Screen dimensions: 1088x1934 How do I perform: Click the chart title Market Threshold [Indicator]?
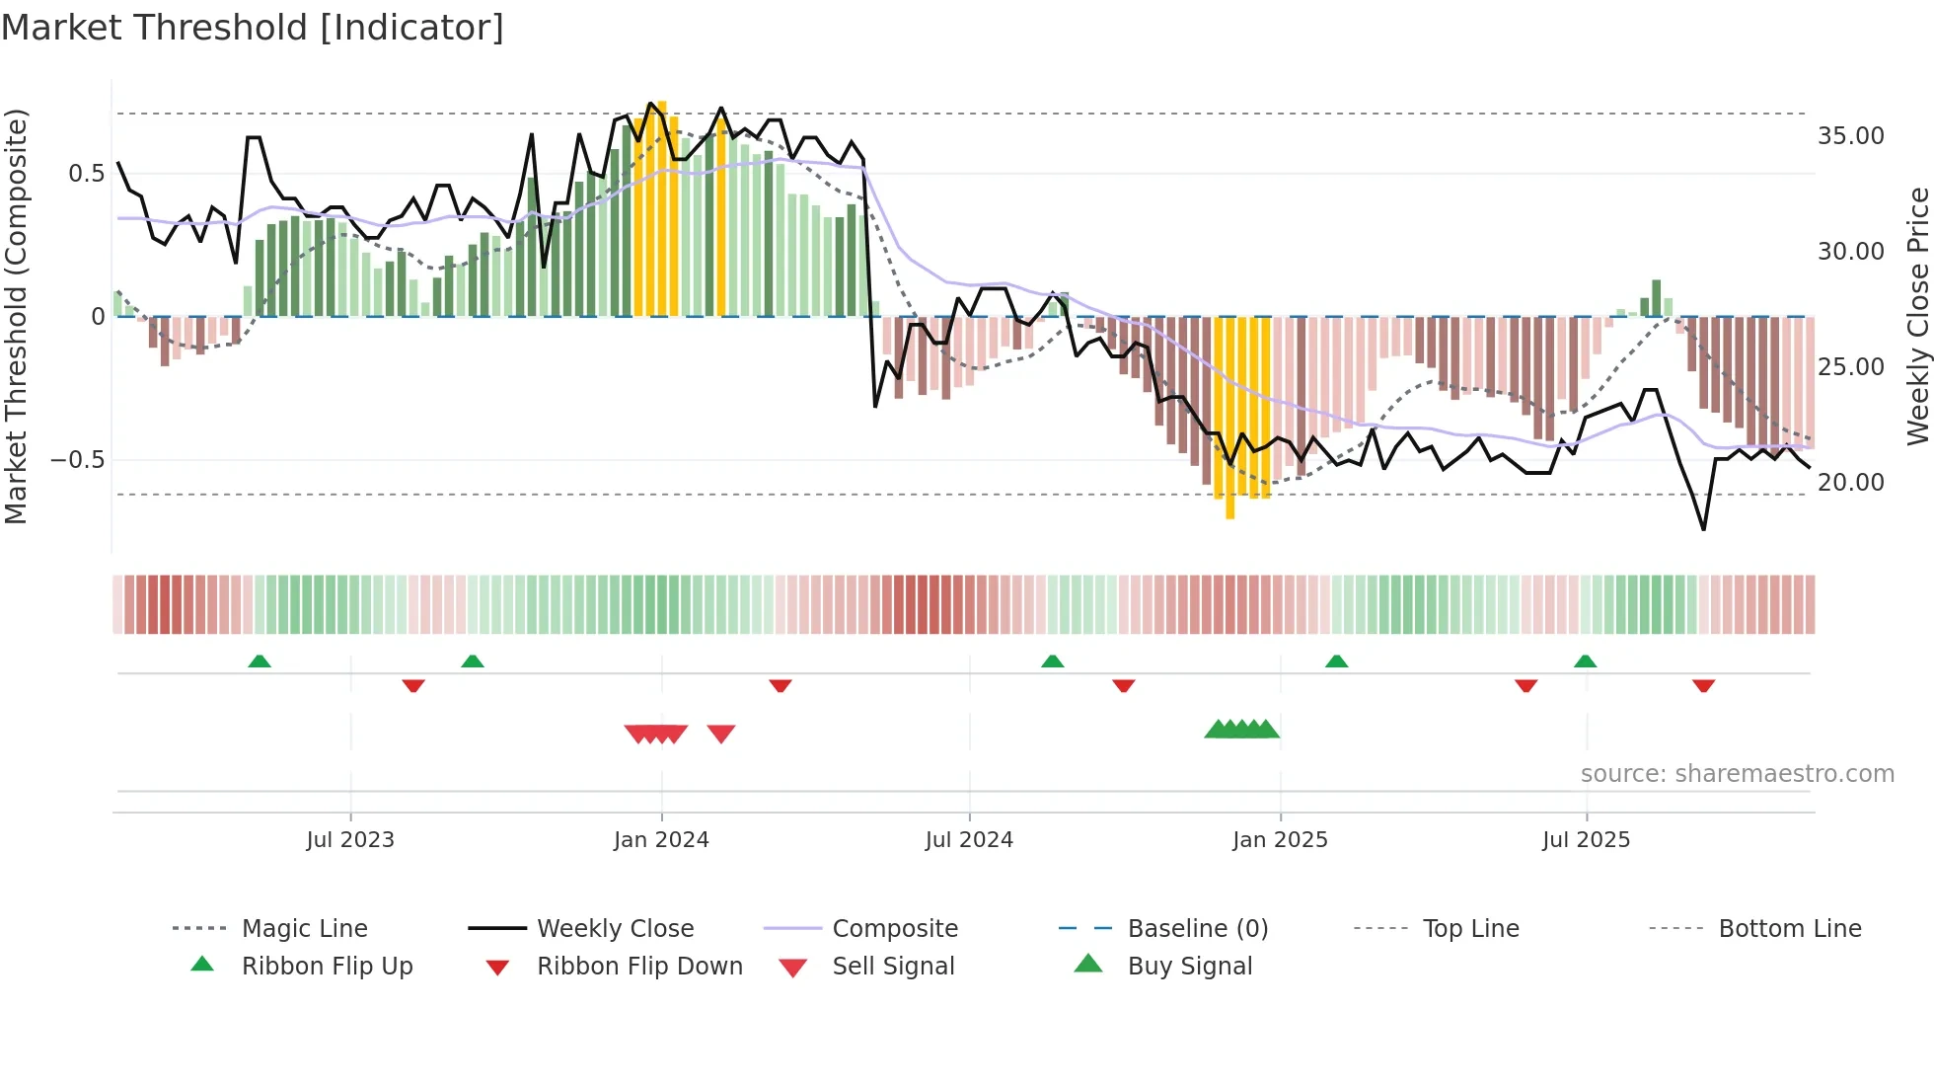[x=253, y=28]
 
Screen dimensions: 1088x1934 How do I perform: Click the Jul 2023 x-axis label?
[x=350, y=840]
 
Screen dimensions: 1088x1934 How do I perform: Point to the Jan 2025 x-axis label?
[x=1280, y=840]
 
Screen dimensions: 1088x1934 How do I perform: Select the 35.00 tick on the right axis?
[x=1850, y=136]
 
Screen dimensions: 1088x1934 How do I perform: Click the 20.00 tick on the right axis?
[x=1850, y=483]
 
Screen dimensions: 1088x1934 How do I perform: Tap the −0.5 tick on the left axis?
[x=77, y=460]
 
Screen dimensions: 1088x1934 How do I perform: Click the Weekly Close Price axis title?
[x=1917, y=316]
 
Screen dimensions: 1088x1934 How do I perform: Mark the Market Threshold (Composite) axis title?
[x=16, y=316]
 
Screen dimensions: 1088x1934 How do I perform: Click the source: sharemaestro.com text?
[x=1737, y=774]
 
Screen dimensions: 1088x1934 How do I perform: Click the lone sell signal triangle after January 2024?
[x=721, y=734]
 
